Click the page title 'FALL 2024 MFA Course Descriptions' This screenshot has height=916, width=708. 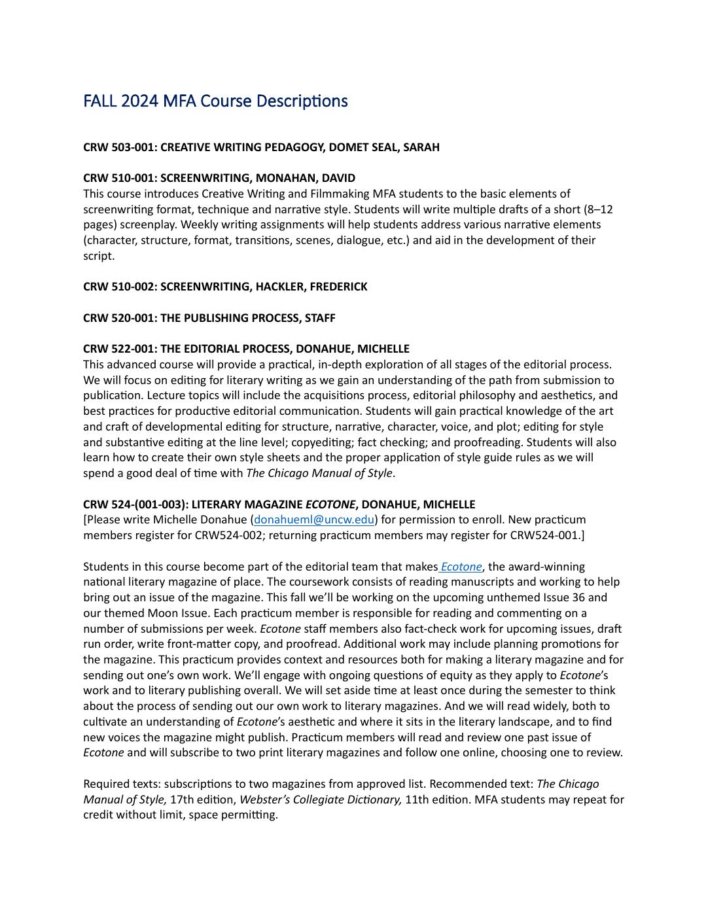point(215,101)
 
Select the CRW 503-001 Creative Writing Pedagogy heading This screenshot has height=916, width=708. point(261,147)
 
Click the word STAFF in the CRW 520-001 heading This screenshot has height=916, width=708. point(320,318)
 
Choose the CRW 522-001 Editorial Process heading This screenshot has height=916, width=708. point(246,349)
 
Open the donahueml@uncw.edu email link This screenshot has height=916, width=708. point(314,520)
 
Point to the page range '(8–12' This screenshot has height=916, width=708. point(597,209)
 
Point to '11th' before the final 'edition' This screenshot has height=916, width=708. point(417,800)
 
